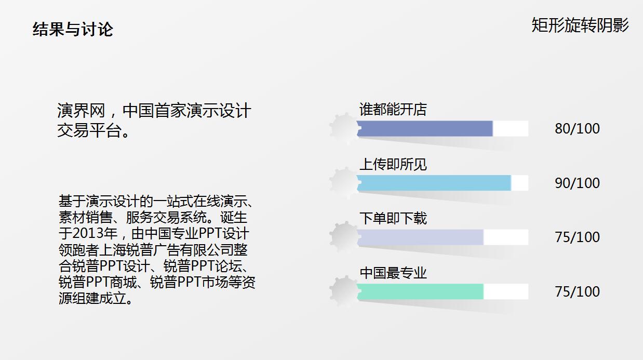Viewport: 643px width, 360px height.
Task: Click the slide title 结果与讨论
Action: tap(73, 29)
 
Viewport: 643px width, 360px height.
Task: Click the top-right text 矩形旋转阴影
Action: tap(580, 25)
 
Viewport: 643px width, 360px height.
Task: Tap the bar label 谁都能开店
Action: tap(393, 110)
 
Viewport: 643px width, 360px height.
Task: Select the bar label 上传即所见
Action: tap(393, 164)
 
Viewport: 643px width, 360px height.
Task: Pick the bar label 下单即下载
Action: tap(393, 218)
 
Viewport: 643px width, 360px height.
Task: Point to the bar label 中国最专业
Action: tap(393, 273)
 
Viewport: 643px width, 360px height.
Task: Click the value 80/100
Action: tap(577, 129)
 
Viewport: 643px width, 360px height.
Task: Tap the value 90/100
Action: tap(577, 183)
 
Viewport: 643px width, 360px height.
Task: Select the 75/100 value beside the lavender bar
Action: tap(577, 237)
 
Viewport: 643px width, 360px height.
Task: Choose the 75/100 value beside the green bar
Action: tap(577, 291)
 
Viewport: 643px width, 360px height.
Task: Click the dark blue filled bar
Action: tap(424, 129)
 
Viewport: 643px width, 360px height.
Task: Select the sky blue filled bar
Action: tap(434, 183)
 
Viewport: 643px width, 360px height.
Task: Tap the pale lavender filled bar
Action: tap(420, 237)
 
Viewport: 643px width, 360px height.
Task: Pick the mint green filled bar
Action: tap(420, 291)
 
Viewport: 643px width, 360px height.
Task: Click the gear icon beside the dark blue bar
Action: tap(343, 128)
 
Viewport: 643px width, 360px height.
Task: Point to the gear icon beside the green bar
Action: tap(343, 291)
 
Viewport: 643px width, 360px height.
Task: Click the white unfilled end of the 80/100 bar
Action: tap(511, 129)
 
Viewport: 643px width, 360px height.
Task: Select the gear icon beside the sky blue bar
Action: tap(343, 182)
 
